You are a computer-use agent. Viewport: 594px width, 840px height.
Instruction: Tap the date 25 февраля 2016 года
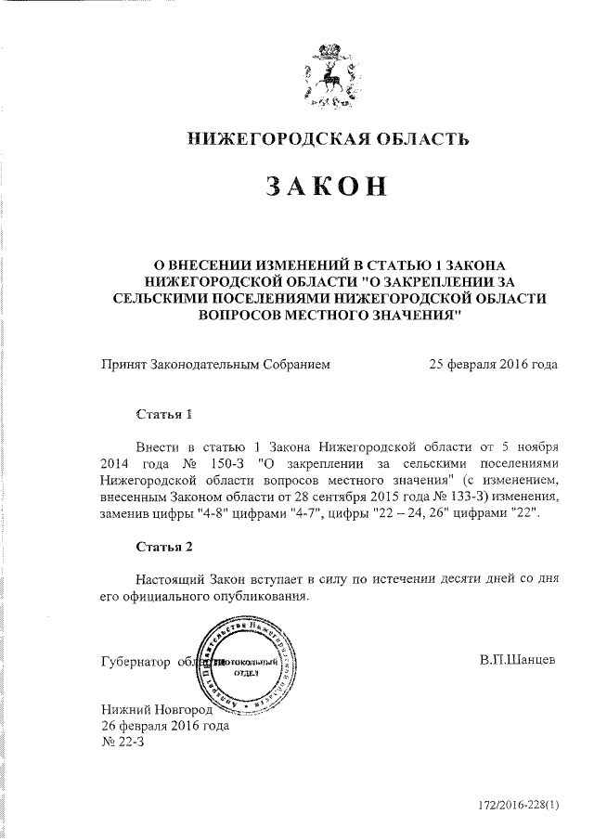click(x=493, y=365)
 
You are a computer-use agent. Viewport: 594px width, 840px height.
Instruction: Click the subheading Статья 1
click(x=164, y=411)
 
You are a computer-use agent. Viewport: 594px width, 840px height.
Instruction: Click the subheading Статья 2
click(x=164, y=547)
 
